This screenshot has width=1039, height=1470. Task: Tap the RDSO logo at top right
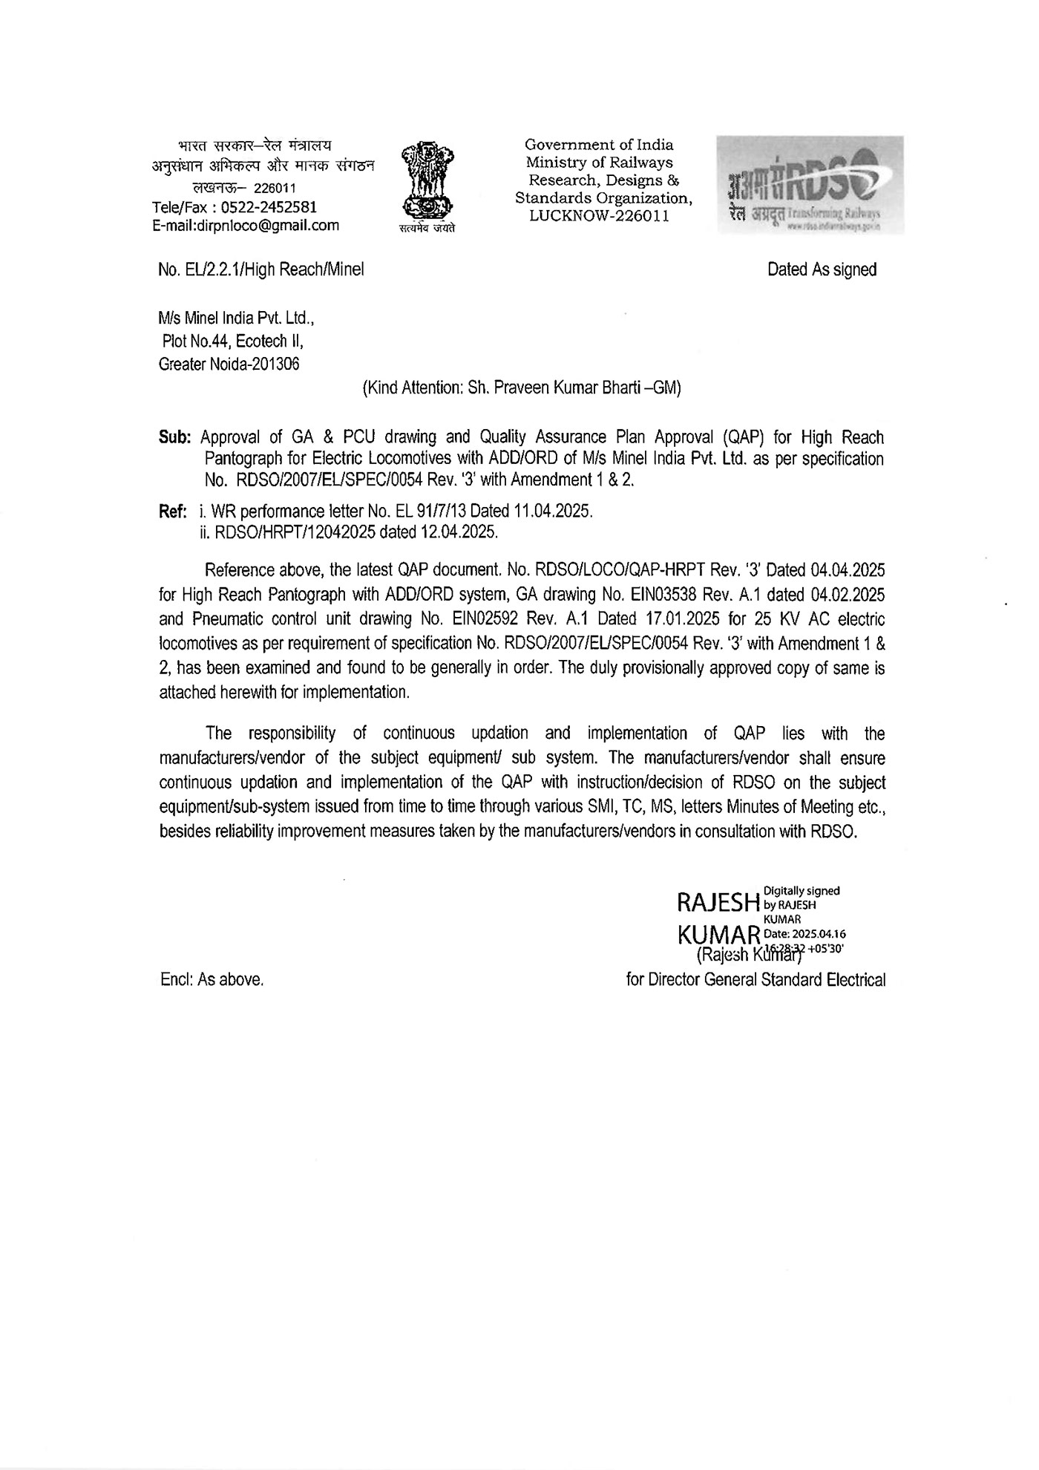coord(810,185)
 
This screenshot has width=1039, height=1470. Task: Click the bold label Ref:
coord(174,512)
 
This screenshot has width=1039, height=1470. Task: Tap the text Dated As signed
coord(822,269)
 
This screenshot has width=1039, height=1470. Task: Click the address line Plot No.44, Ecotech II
coord(233,342)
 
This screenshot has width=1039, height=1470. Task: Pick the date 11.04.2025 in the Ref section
coord(548,512)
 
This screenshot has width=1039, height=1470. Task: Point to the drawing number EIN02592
coord(484,618)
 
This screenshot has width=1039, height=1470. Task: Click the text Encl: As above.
coord(212,979)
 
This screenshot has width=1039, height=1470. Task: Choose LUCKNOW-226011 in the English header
coord(599,216)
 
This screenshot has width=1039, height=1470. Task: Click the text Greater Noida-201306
coord(229,365)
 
